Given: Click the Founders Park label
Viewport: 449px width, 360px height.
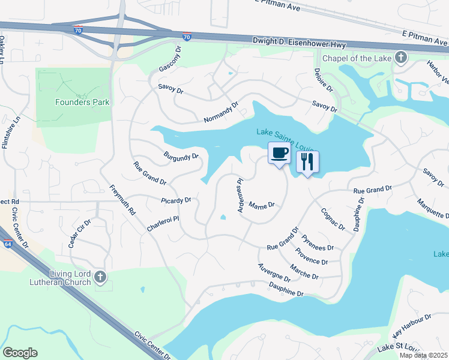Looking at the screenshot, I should (82, 102).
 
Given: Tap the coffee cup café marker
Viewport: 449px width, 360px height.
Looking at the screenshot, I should (279, 153).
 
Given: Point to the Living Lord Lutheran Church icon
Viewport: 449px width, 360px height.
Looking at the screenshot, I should (100, 277).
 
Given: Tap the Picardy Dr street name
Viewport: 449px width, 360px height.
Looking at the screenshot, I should (176, 200).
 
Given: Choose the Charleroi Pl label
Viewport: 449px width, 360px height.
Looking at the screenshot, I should (163, 224).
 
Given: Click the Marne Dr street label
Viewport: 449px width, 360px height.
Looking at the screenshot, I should (261, 205).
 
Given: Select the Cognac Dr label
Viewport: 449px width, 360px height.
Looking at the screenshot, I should (333, 219).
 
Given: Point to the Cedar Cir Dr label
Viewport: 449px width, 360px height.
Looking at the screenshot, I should (79, 231).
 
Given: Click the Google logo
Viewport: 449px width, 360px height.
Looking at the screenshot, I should (20, 353).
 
